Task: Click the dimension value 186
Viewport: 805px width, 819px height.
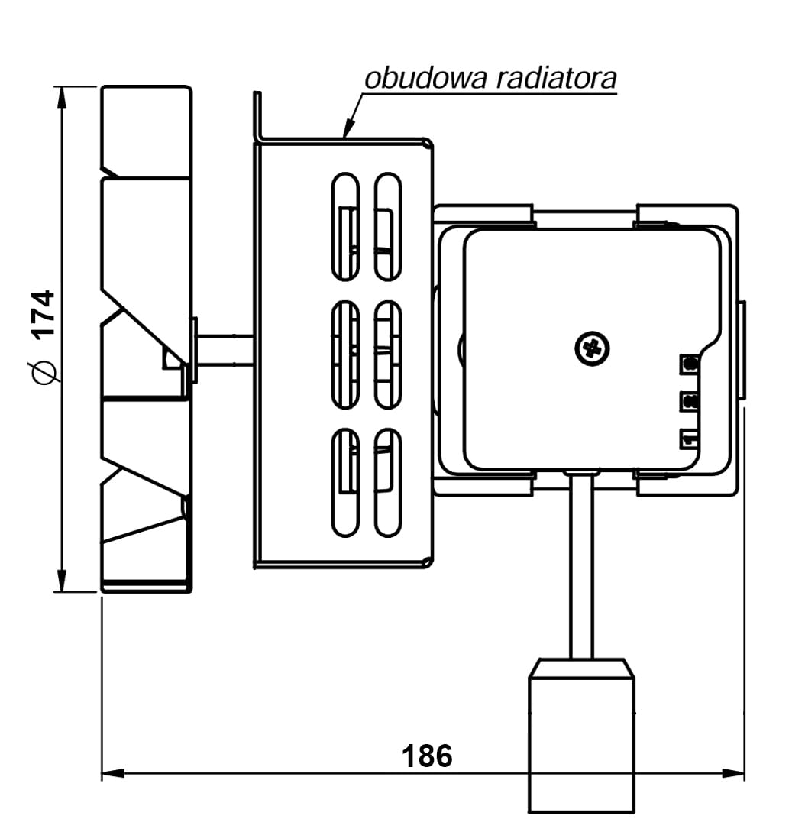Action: (x=427, y=756)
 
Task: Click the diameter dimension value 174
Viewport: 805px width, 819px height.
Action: (x=43, y=313)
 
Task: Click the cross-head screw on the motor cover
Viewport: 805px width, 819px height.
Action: (x=592, y=349)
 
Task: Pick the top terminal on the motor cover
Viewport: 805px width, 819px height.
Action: (x=690, y=364)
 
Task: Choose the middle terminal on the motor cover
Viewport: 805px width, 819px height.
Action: (x=690, y=400)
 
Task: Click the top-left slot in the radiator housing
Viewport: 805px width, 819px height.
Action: (x=345, y=226)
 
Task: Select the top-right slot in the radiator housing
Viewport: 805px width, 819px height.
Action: (x=388, y=226)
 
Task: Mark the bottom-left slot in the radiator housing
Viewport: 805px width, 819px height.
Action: (x=345, y=482)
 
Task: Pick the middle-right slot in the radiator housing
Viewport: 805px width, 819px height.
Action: (x=388, y=354)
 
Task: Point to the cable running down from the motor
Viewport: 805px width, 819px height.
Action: (x=581, y=565)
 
